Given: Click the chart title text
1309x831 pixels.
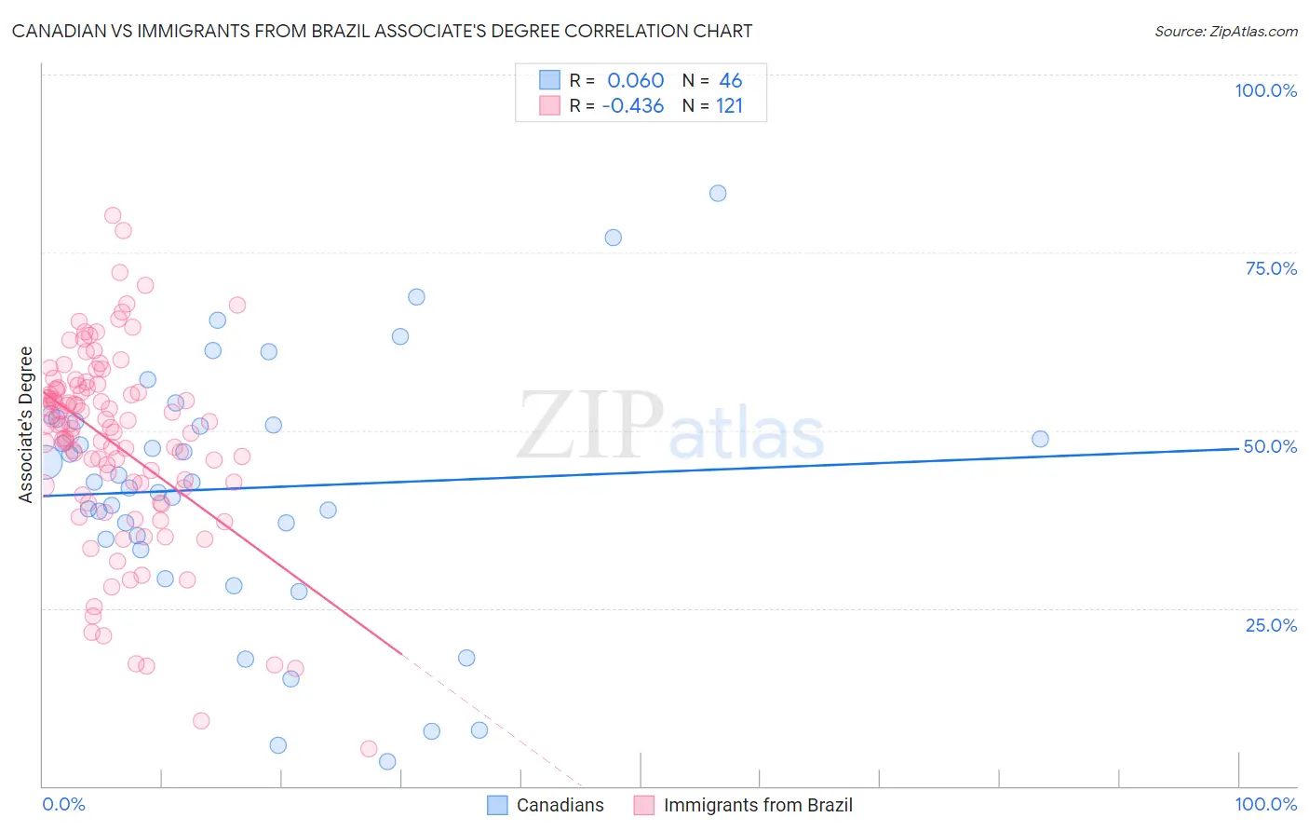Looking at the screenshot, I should click(x=382, y=31).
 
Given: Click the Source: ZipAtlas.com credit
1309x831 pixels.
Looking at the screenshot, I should click(x=1225, y=31).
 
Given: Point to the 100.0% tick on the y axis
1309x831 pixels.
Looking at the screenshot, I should click(x=1265, y=90).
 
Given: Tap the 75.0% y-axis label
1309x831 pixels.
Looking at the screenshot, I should click(x=1271, y=268).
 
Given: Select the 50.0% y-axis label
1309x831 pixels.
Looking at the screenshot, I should click(x=1270, y=446).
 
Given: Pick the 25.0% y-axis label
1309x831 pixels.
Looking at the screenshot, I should click(x=1271, y=625).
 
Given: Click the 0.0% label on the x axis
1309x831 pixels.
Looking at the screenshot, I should click(x=63, y=804).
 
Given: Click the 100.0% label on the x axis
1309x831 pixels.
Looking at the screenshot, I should click(x=1265, y=804).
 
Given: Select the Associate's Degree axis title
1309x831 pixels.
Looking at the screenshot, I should click(x=26, y=425).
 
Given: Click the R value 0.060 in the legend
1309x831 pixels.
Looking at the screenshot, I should click(x=636, y=81).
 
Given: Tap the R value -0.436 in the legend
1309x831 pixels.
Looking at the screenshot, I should click(x=633, y=106).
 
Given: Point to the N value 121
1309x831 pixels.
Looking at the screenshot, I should click(x=729, y=106).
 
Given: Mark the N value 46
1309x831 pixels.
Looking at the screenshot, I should click(x=730, y=81).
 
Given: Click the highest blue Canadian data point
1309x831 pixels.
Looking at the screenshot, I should click(x=718, y=194).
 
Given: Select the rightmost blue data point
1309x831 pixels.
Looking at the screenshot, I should click(x=1040, y=439).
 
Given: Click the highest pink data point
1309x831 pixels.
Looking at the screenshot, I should click(x=113, y=215).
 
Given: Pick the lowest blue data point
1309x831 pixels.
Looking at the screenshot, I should click(x=387, y=762).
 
